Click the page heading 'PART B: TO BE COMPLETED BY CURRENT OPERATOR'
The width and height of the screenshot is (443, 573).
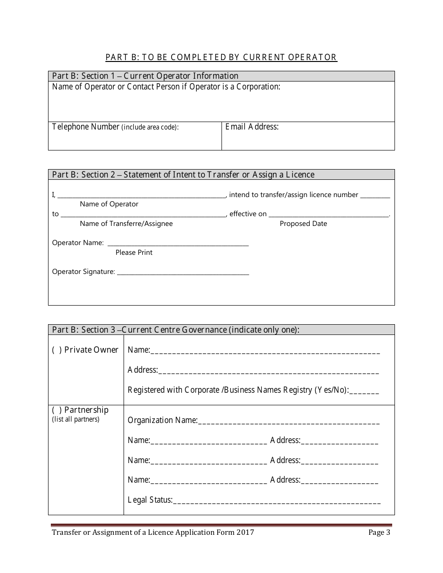click(221, 57)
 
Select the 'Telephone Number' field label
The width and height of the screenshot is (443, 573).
click(86, 127)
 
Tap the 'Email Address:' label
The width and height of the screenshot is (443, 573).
click(252, 127)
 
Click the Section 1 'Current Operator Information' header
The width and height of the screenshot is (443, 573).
click(145, 76)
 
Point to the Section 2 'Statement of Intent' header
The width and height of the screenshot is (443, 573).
click(183, 175)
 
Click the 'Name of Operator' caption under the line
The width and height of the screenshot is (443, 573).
click(109, 204)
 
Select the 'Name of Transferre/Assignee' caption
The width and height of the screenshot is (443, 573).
click(126, 224)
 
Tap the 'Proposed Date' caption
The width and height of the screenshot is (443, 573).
click(303, 224)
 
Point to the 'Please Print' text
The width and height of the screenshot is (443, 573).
click(134, 252)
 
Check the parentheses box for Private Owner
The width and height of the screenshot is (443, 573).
click(57, 350)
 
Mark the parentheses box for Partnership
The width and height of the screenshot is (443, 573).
click(57, 410)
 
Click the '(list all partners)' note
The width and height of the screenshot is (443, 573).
click(76, 419)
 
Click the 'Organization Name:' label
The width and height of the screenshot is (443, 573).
click(162, 420)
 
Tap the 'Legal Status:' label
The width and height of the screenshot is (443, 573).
click(150, 500)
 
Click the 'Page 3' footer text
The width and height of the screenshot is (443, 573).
click(379, 532)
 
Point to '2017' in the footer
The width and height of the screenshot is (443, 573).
click(245, 532)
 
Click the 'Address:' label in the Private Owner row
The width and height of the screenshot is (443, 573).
click(143, 370)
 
